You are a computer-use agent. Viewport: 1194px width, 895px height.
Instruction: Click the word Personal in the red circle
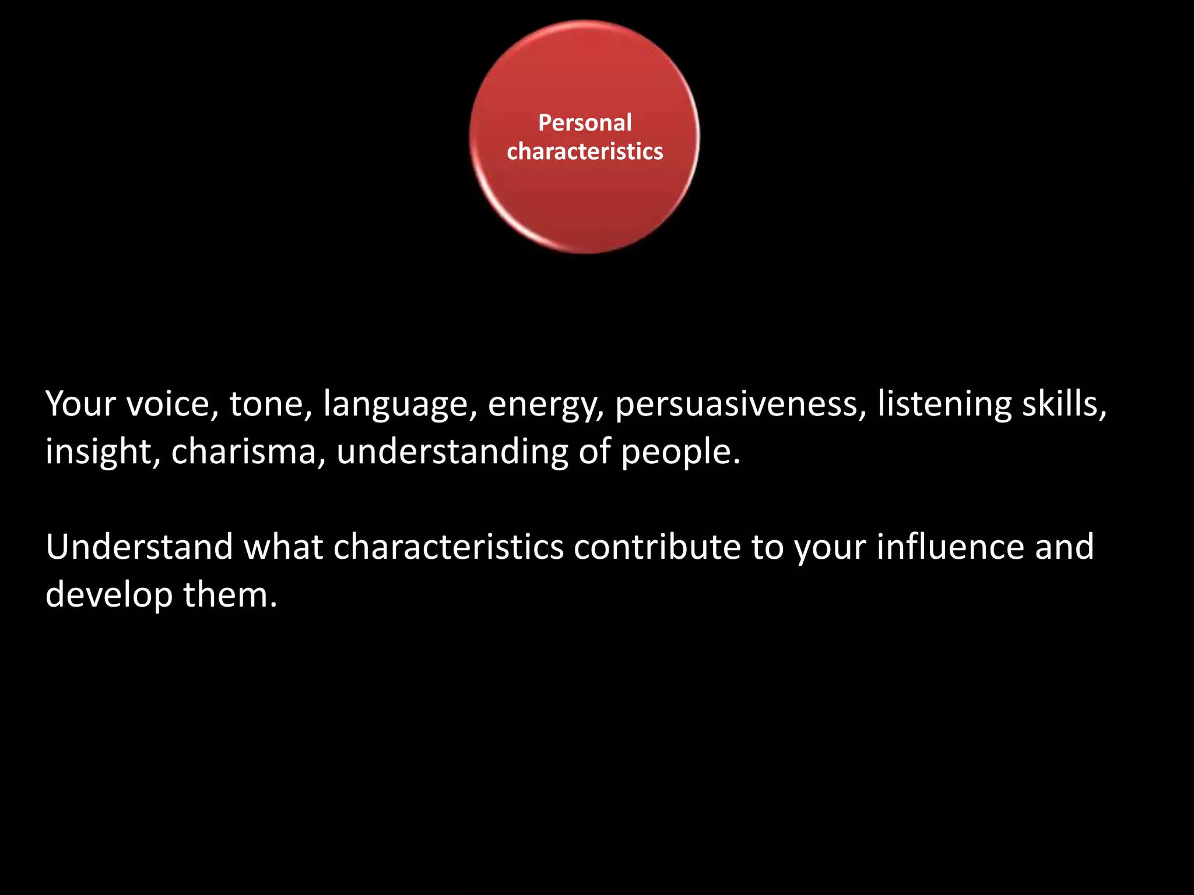pos(585,123)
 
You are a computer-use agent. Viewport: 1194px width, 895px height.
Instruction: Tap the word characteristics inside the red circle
pos(585,151)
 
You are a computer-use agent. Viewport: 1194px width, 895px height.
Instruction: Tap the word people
pos(680,453)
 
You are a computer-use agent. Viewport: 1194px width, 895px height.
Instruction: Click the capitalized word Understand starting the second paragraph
pos(139,547)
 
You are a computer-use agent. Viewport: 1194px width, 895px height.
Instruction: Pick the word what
pos(283,547)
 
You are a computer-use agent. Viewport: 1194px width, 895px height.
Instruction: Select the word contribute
pos(657,547)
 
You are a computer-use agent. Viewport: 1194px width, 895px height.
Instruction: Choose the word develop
pos(109,596)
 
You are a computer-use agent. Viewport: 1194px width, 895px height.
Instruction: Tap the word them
pos(230,594)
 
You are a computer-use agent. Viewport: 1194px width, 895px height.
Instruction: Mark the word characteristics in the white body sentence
pos(448,547)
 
